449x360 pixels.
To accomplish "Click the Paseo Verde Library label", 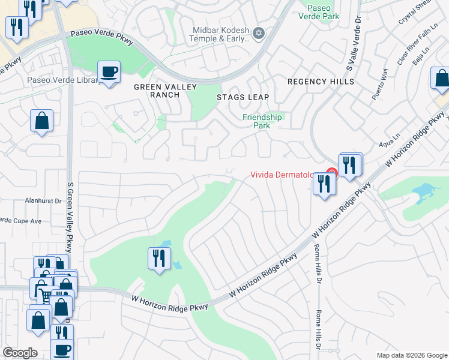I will [x=64, y=80].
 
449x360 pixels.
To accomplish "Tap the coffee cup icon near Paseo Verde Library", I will [x=109, y=73].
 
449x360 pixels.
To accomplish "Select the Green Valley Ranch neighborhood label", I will [x=157, y=91].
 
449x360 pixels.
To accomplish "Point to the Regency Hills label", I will [x=321, y=82].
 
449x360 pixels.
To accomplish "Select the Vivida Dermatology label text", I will [x=282, y=175].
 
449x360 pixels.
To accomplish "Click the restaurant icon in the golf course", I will [x=158, y=259].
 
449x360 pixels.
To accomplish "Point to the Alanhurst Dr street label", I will [x=44, y=202].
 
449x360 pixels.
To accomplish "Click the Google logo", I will [x=20, y=353].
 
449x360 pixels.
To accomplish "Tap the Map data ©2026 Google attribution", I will [x=412, y=355].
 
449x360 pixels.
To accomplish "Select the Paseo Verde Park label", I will [x=319, y=12].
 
